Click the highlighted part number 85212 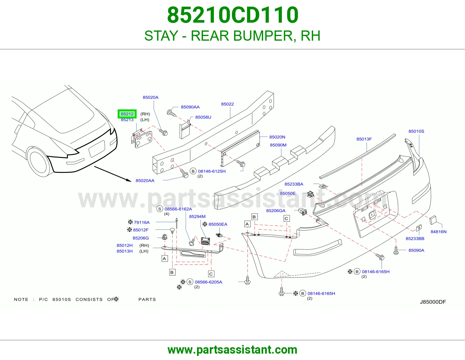(x=127, y=114)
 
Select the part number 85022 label (x=227, y=104)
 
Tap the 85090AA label (x=190, y=107)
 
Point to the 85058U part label (x=203, y=117)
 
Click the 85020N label (x=277, y=137)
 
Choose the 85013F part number (x=364, y=139)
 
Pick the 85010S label (x=416, y=131)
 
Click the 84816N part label (x=439, y=232)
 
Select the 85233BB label (x=415, y=239)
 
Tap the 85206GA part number (x=276, y=210)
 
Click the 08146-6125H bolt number (x=212, y=171)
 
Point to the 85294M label (x=197, y=217)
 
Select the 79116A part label (x=142, y=223)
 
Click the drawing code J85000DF (x=433, y=302)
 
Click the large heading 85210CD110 (x=233, y=15)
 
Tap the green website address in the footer (x=233, y=350)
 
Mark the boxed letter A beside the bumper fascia (x=247, y=224)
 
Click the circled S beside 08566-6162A (x=160, y=209)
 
